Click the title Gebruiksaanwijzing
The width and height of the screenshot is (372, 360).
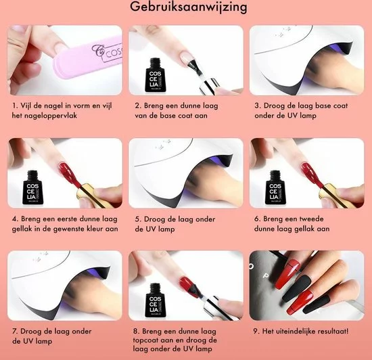[189, 7]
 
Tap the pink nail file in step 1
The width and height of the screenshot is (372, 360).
[89, 60]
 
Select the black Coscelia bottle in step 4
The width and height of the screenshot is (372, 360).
[33, 187]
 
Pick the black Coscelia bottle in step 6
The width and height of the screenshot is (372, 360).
[276, 187]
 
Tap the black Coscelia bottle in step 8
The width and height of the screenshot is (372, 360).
[156, 300]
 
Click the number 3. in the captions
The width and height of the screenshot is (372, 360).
[258, 106]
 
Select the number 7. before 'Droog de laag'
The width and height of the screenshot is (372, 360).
[15, 331]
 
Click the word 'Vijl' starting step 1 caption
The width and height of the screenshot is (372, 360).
[26, 106]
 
